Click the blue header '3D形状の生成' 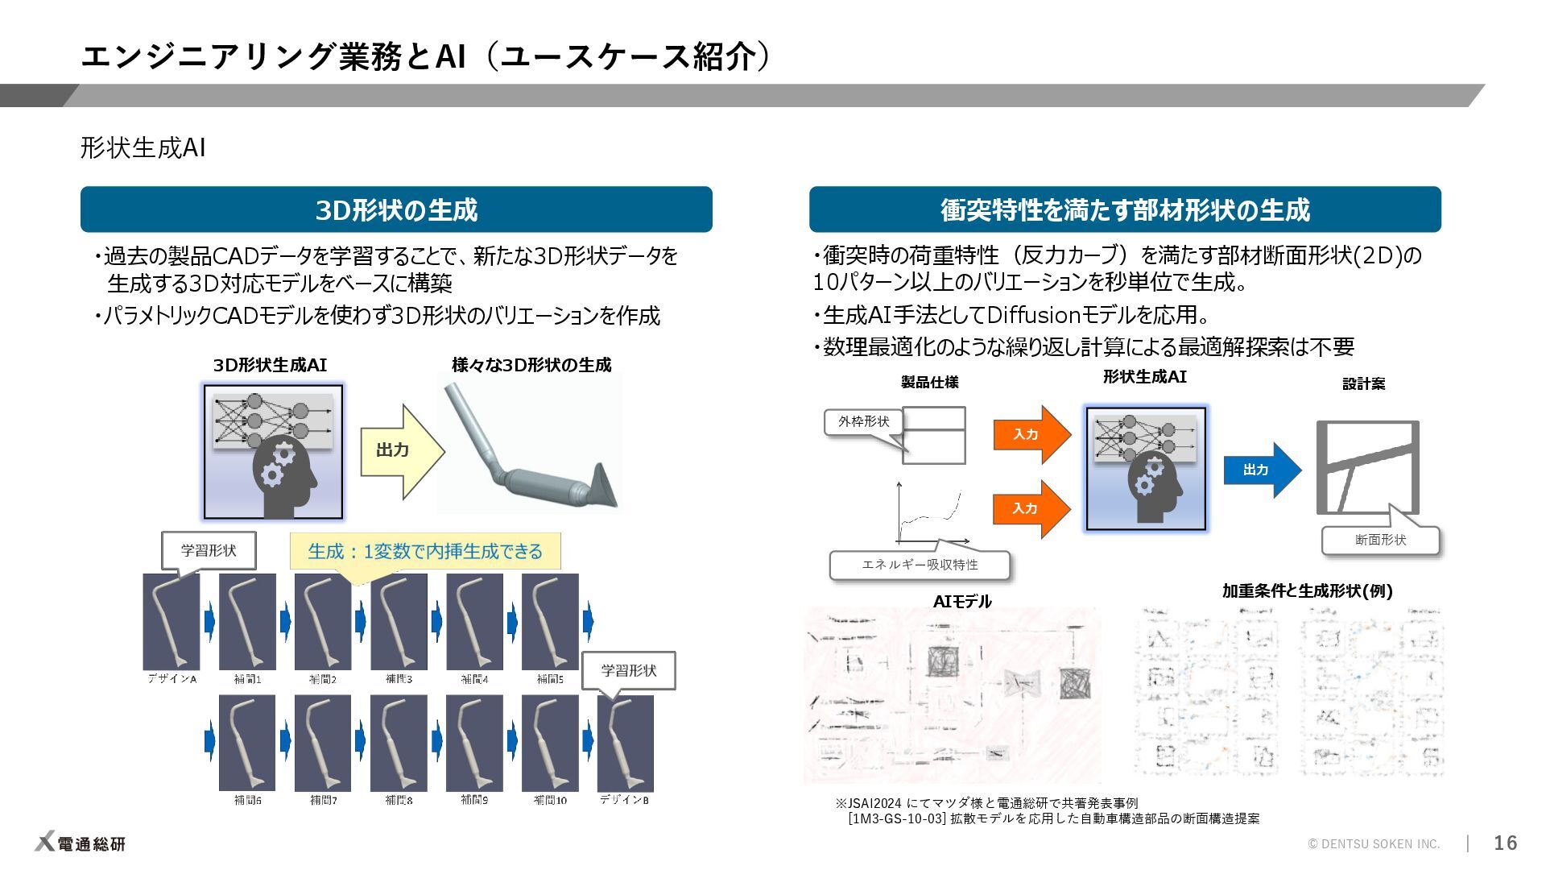(396, 210)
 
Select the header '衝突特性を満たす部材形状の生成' (1125, 210)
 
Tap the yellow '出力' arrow (400, 450)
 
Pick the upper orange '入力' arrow (1030, 434)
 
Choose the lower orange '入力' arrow (1030, 508)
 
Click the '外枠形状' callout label (863, 422)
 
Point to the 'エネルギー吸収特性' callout (920, 565)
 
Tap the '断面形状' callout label (1380, 540)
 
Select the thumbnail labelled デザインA (172, 621)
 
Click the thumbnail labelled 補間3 (399, 621)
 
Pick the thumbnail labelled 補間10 (550, 743)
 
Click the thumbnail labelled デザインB (625, 743)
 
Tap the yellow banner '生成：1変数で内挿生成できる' (425, 552)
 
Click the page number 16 (1505, 843)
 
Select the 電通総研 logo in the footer (81, 843)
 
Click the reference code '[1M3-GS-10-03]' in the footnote (896, 818)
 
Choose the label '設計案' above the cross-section (1363, 384)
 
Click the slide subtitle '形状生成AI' (143, 148)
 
